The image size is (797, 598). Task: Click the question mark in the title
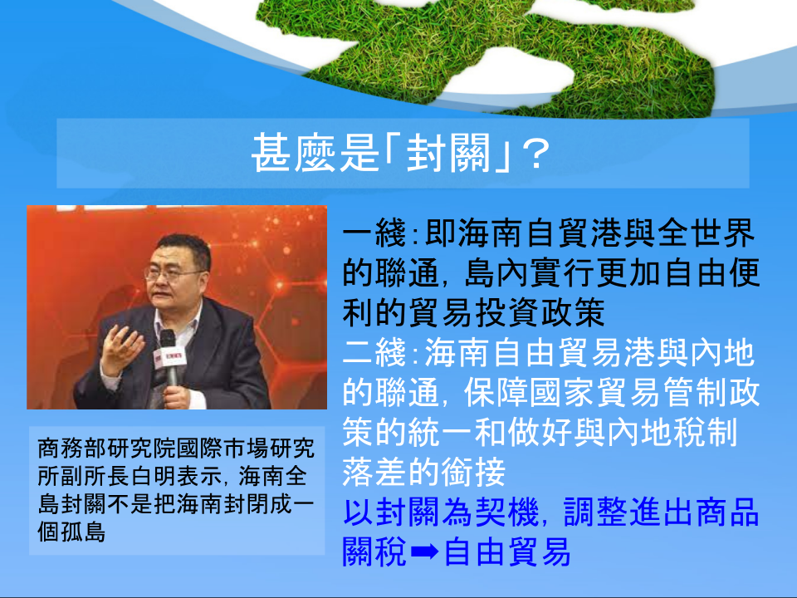point(535,154)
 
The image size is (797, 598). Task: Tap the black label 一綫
point(374,234)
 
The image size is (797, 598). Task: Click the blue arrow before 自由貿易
point(424,551)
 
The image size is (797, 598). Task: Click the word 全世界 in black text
point(707,234)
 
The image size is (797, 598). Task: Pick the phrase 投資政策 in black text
point(540,313)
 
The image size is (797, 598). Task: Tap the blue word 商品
point(727,512)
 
